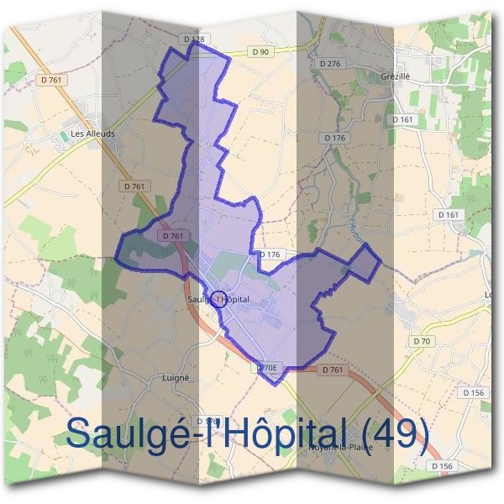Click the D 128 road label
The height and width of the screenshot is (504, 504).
pyautogui.click(x=194, y=39)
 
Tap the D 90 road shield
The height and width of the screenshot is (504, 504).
pyautogui.click(x=261, y=52)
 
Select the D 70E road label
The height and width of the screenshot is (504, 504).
pyautogui.click(x=266, y=367)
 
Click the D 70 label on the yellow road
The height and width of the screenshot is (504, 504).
pyautogui.click(x=422, y=341)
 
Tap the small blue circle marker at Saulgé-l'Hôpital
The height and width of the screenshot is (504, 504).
pyautogui.click(x=218, y=299)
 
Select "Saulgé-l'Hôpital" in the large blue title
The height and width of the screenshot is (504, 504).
pyautogui.click(x=205, y=434)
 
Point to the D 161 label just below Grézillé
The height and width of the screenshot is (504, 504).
pyautogui.click(x=403, y=120)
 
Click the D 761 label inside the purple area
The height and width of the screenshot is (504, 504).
pyautogui.click(x=172, y=236)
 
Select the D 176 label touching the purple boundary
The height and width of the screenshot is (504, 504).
pyautogui.click(x=270, y=254)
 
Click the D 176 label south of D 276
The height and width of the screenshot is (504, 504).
pyautogui.click(x=334, y=137)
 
